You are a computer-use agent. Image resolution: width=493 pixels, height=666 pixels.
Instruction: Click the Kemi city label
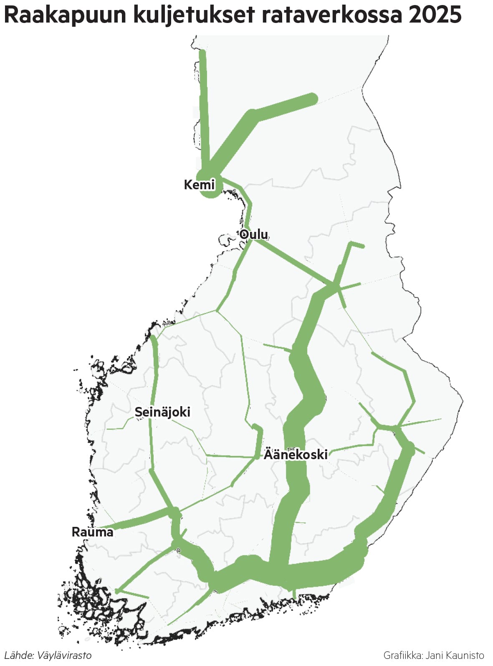[199, 185]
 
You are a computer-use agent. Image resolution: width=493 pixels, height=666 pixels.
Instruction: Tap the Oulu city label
[254, 234]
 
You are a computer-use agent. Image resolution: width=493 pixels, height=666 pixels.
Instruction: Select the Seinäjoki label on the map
[162, 412]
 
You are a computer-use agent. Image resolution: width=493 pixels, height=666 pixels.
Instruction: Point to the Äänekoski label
[296, 454]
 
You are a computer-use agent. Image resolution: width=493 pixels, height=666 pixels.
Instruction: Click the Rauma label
[92, 532]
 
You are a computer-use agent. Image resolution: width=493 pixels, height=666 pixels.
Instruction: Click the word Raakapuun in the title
[65, 15]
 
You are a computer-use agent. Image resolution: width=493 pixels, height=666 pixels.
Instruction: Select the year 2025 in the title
[435, 15]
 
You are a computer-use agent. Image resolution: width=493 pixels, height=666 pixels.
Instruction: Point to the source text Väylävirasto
[64, 655]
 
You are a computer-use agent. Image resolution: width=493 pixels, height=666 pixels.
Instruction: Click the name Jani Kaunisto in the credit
[455, 655]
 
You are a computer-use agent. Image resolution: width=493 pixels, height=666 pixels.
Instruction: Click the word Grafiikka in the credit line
[402, 655]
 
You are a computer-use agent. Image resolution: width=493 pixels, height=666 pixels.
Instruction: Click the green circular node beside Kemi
[210, 184]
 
